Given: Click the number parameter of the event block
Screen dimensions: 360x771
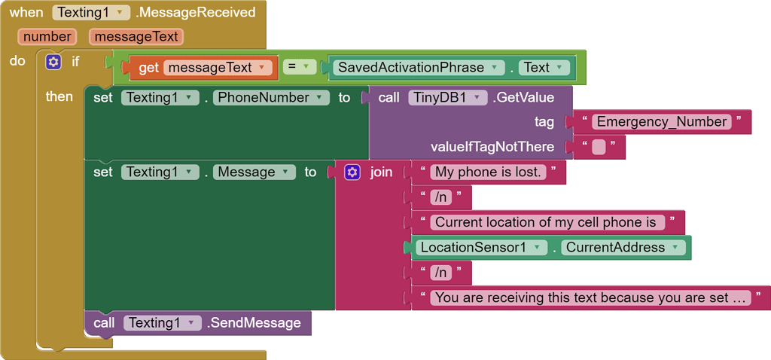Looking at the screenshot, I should [x=47, y=36].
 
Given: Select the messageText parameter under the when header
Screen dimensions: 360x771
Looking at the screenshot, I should [x=135, y=36].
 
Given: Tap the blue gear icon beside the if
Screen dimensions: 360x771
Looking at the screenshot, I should [x=53, y=62].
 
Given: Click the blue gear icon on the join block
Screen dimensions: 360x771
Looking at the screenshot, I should [x=352, y=172].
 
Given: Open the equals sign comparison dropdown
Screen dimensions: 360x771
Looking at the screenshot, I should [x=300, y=68].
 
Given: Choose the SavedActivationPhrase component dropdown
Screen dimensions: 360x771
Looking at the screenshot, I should [x=418, y=68].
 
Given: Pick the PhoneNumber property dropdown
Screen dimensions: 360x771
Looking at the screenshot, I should [x=271, y=98].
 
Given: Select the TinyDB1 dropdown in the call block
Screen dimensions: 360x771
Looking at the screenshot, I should [x=447, y=98].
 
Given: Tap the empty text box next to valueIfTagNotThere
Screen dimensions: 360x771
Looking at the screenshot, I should [x=599, y=147].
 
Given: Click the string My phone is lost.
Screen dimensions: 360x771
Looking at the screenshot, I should [x=488, y=172].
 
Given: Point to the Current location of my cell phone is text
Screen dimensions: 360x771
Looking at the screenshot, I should [x=545, y=222].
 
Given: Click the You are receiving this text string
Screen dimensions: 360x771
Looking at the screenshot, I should [x=591, y=297].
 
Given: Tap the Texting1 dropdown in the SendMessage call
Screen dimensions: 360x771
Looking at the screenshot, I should [x=162, y=323].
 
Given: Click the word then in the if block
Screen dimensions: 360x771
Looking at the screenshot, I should [x=59, y=96].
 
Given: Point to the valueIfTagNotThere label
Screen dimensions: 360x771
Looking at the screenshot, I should [x=492, y=147].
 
